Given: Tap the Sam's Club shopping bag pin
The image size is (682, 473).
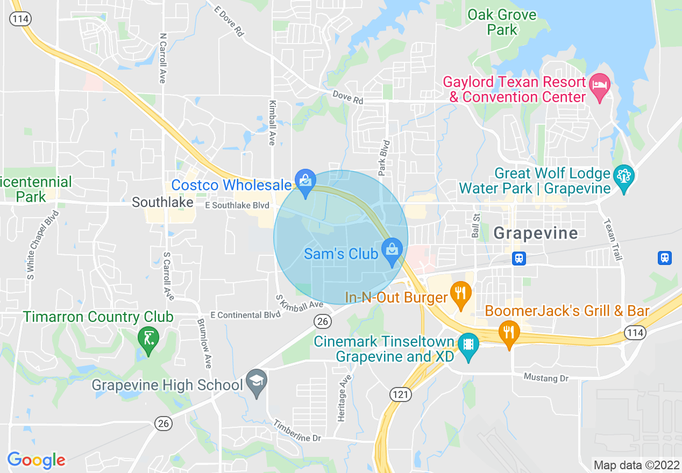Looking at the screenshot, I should pos(392,250).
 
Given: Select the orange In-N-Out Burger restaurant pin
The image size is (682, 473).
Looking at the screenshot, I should pos(461,293).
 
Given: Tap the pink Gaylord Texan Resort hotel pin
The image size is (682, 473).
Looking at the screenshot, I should pos(600,85).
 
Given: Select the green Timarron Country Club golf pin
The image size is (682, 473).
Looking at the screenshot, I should pos(148,339).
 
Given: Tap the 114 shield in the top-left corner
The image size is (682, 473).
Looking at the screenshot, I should pos(20,18).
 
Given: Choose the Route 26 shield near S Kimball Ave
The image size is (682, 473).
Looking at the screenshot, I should pos(322,321).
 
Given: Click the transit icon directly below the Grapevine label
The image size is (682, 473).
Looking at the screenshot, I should pos(519,258).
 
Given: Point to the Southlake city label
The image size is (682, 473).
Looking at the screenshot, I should pos(162,203).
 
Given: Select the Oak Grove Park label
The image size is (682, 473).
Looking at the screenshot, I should pos(502,22).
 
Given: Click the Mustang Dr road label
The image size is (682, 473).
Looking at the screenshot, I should pos(546,378).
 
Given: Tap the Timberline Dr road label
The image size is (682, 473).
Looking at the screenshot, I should pos(297,431).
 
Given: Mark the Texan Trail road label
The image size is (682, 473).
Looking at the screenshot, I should pos(613,239).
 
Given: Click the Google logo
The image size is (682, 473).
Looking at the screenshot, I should pos(36,460).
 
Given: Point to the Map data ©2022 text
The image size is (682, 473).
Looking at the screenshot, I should pos(636,464).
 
